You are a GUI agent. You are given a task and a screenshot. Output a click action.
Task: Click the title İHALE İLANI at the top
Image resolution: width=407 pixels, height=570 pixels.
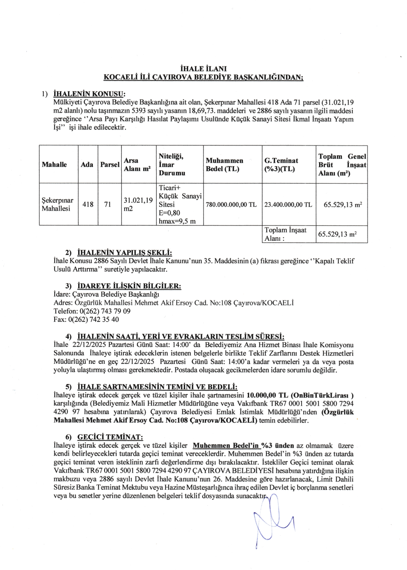(203, 69)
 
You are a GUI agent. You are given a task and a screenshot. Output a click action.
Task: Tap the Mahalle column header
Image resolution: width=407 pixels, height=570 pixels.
(54, 165)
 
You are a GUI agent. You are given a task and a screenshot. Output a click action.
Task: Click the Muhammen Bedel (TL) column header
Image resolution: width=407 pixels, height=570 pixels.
(225, 165)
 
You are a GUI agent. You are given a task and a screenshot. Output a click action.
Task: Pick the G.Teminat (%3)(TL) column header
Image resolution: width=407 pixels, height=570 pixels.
(281, 165)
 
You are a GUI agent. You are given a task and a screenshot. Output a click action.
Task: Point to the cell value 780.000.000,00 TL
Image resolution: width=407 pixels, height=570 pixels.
(231, 205)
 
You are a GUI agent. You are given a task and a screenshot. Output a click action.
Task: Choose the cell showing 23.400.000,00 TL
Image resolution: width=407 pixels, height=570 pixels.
(288, 205)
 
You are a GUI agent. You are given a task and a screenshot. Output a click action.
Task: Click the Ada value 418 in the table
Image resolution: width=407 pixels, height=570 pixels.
(88, 205)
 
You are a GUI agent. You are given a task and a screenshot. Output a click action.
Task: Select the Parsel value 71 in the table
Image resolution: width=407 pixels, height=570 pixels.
(107, 205)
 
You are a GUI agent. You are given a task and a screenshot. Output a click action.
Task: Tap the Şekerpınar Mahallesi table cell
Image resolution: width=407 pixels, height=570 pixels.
(57, 205)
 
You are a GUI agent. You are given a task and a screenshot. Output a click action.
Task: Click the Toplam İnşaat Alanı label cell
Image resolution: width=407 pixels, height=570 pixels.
(285, 234)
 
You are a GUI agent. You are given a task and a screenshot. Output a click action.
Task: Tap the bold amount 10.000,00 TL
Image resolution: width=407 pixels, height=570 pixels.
(267, 395)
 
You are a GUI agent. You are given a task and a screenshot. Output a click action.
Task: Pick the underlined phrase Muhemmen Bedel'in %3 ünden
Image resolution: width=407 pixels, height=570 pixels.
(240, 446)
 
